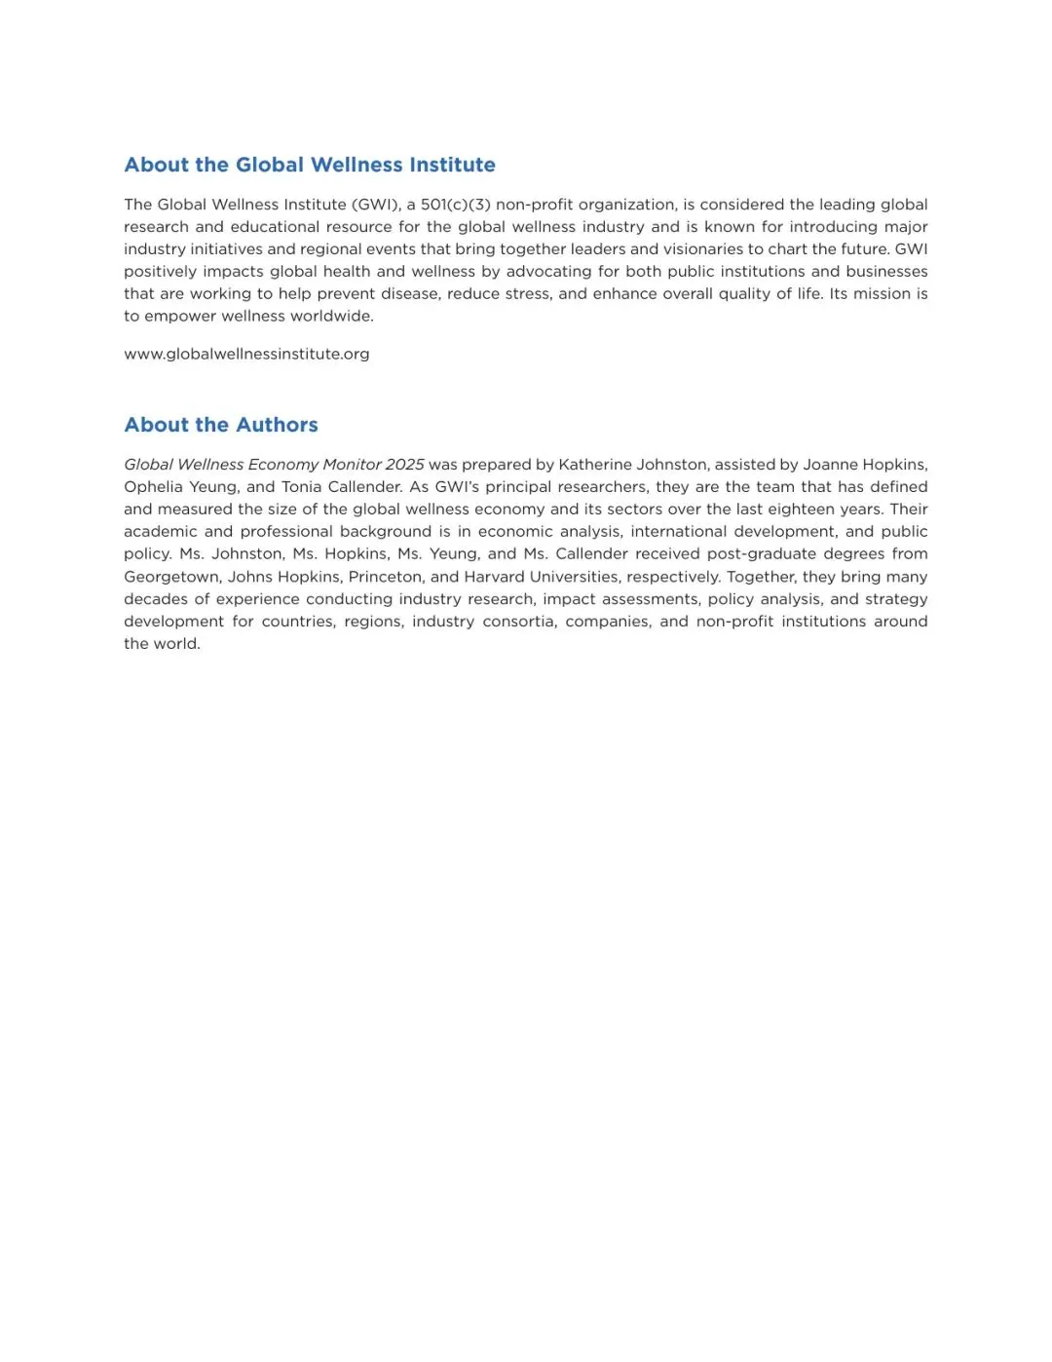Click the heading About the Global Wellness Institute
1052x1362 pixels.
click(310, 165)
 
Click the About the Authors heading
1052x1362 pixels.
click(221, 425)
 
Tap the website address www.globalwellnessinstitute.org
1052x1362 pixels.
click(246, 354)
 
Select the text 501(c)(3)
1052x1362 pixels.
click(455, 205)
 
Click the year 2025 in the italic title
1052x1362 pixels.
click(404, 465)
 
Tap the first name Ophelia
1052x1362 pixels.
click(153, 487)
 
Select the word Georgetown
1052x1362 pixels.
click(171, 577)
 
